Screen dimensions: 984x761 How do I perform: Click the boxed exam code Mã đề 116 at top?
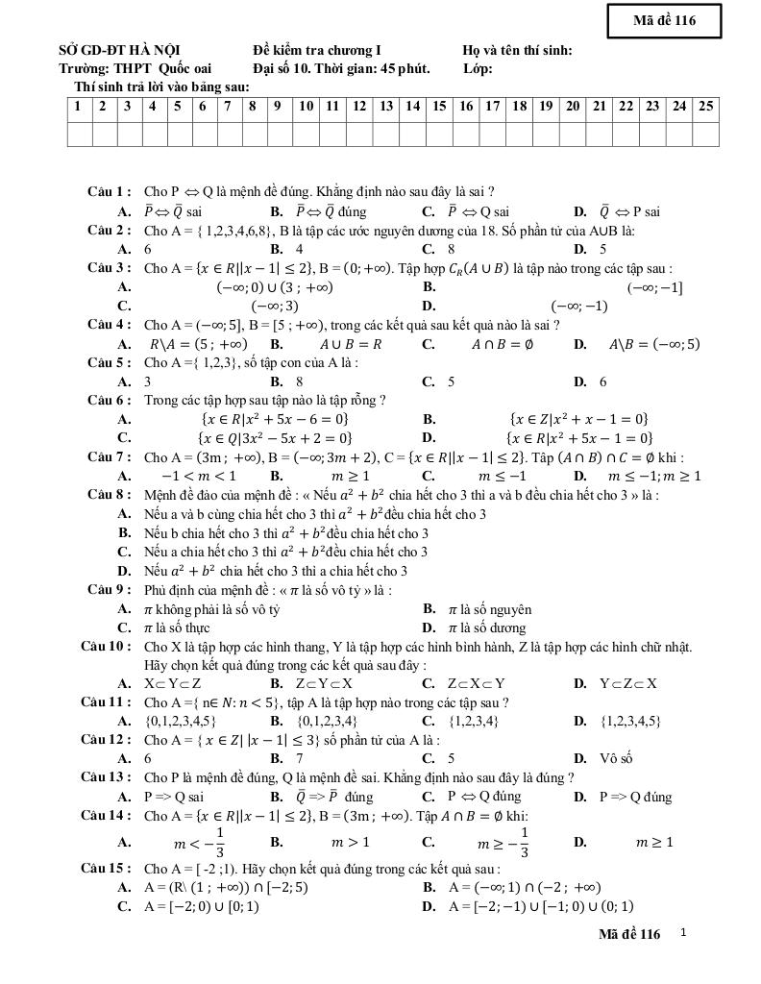[664, 20]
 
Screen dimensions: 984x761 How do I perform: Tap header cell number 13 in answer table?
[385, 107]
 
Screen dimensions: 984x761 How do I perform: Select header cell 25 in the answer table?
[706, 107]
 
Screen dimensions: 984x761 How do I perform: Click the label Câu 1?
[109, 192]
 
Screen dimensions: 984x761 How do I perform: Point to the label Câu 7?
[109, 457]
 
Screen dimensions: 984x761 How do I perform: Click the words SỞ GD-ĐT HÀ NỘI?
[119, 50]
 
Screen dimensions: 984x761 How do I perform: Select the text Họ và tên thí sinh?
[517, 50]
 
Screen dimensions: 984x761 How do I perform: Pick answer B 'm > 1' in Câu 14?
[351, 843]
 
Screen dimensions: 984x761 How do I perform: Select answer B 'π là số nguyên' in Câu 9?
[489, 609]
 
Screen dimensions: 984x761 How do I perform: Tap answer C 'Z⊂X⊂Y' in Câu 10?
[477, 683]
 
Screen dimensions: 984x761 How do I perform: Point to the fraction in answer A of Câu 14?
[219, 843]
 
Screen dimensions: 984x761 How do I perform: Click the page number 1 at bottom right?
[683, 932]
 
